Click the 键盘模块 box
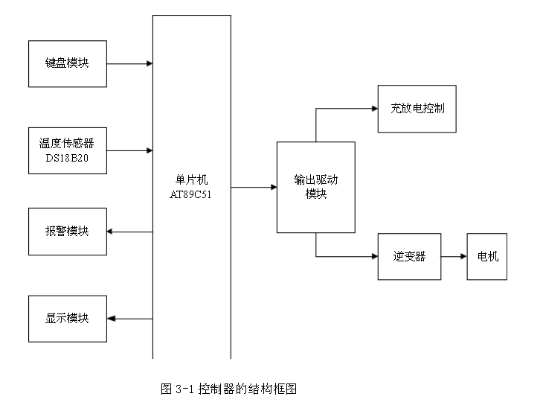click(67, 64)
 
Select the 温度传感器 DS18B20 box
click(67, 150)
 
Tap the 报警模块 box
click(67, 231)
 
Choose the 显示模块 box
click(67, 319)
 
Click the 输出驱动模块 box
click(315, 187)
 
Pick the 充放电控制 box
click(417, 109)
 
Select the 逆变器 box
click(409, 257)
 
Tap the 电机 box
click(486, 257)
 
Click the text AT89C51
click(191, 194)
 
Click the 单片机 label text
click(191, 180)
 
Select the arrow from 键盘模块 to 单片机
click(129, 64)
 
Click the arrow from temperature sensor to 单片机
click(129, 150)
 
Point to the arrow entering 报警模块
click(129, 232)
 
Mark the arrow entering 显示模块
click(129, 319)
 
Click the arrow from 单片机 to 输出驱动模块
click(254, 188)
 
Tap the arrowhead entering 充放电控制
click(374, 109)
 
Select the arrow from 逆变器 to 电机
click(454, 257)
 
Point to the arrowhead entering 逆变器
click(374, 257)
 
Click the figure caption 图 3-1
click(229, 389)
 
